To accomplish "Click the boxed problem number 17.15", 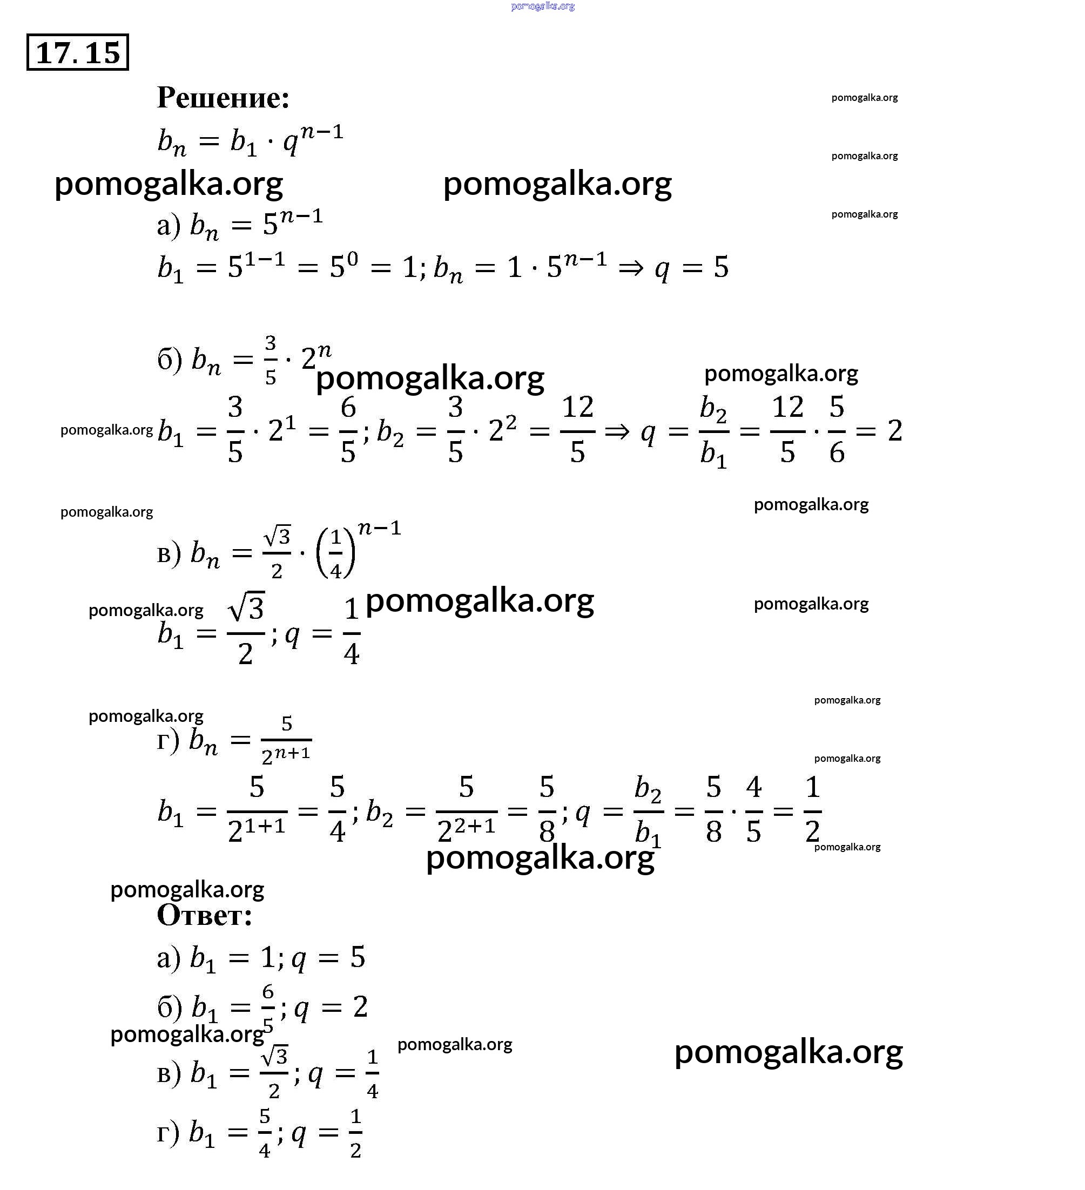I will coord(77,52).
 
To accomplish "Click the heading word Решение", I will coord(223,97).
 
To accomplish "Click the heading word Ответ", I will coord(204,916).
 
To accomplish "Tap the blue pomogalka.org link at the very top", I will coord(542,6).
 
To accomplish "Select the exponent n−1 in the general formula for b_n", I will coord(321,132).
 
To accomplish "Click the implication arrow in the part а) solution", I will coord(630,267).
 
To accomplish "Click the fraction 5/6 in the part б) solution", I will coord(837,430).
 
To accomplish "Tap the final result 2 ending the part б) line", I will coord(894,430).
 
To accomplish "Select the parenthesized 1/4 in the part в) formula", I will coord(336,553).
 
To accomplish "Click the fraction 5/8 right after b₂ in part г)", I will coord(547,810).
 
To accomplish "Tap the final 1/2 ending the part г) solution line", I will coord(812,810).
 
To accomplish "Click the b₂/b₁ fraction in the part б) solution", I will coord(713,431).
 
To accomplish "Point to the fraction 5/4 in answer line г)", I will coord(265,1133).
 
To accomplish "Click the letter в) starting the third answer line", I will coord(169,1074).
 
